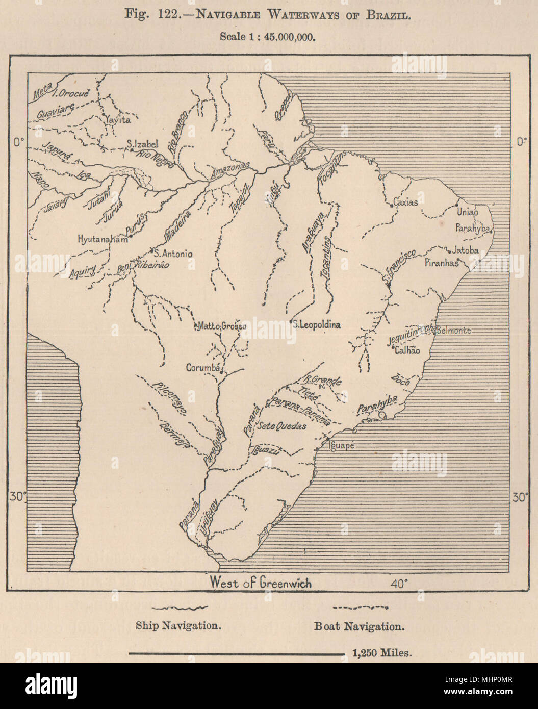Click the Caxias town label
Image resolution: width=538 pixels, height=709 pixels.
(406, 202)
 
